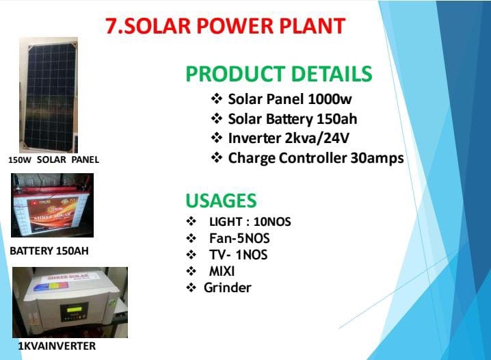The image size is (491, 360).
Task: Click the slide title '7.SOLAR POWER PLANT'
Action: coord(225,25)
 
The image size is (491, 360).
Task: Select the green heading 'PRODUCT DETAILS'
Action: coord(279,74)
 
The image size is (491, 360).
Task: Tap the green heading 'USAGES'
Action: coord(221,201)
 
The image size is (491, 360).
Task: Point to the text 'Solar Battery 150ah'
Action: coord(292,119)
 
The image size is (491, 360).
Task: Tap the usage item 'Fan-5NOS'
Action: coord(239,238)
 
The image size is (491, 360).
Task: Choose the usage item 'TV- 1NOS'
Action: coord(238,255)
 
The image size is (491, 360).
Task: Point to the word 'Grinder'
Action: coord(227,287)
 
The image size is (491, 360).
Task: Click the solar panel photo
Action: coord(48,94)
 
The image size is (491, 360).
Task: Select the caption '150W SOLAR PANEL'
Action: coord(53,159)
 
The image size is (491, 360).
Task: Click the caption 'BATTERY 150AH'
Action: coord(49,251)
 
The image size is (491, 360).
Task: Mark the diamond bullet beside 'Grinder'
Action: coord(191,287)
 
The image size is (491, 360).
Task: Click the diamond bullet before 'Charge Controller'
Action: coord(217,158)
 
